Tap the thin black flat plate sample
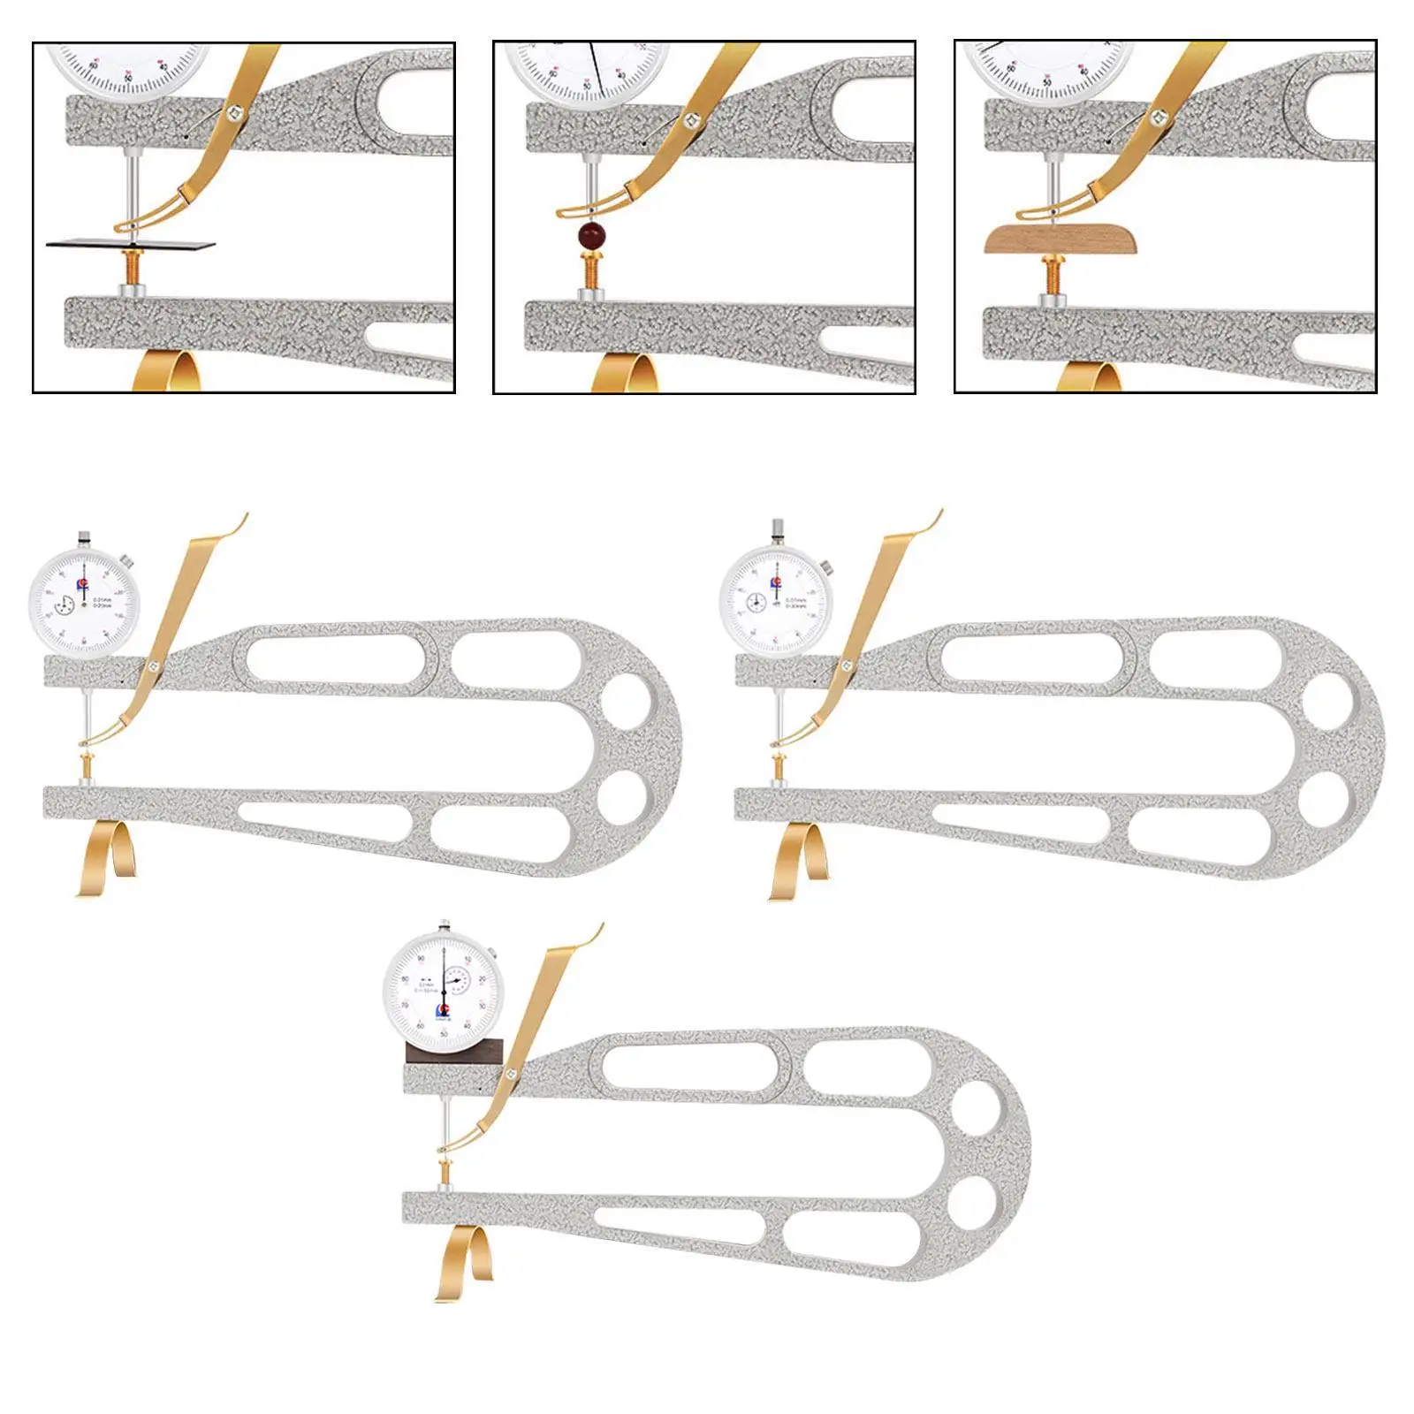[131, 242]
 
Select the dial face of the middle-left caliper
[84, 603]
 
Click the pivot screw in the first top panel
[235, 110]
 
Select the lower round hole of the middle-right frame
[1322, 799]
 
